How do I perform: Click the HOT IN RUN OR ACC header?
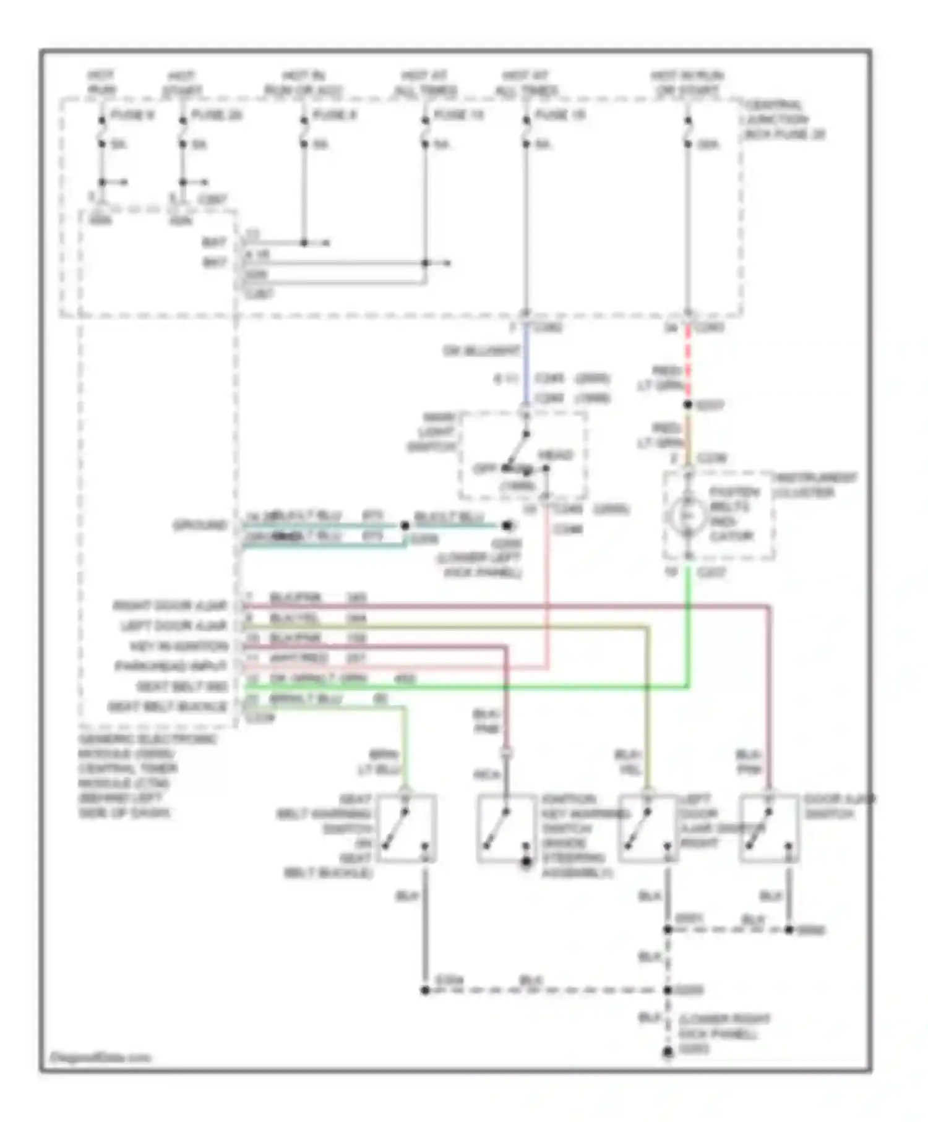[303, 83]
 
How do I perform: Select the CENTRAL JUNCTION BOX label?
[783, 119]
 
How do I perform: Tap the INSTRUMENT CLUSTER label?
[815, 485]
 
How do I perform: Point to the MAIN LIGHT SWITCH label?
[432, 432]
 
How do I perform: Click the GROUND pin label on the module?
[200, 526]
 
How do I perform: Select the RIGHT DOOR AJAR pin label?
[170, 606]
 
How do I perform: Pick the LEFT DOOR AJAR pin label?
[174, 626]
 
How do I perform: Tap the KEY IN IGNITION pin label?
[179, 646]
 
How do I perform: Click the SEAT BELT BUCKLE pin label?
[168, 706]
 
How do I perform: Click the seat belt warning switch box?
[406, 829]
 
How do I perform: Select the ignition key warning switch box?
[506, 829]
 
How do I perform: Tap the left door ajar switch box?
[648, 829]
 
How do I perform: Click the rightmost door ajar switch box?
[769, 829]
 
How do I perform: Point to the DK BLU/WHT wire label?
[481, 351]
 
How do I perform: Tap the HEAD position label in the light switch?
[555, 455]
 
